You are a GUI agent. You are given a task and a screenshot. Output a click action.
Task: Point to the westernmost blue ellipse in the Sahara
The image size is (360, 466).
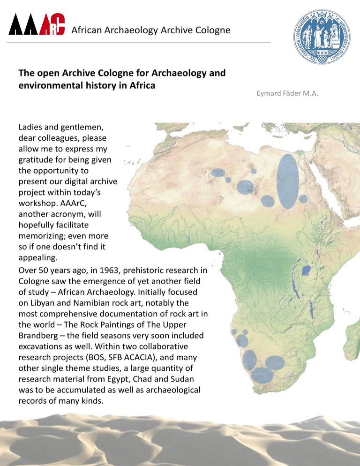coord(218,173)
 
